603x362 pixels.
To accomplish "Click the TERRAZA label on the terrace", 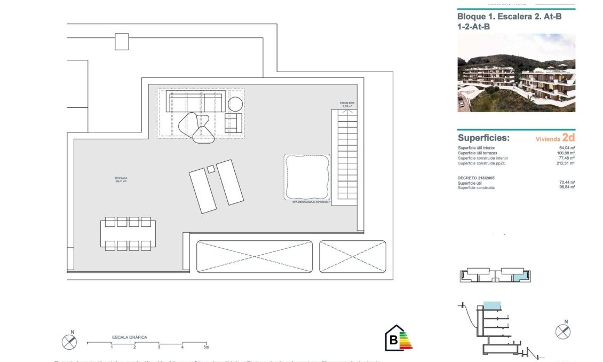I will click(121, 178).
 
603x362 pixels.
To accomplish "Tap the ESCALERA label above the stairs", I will click(347, 103).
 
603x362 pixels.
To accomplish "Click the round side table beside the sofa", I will click(235, 104).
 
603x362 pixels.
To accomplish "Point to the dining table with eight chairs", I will click(128, 234).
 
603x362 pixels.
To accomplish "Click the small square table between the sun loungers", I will click(211, 169).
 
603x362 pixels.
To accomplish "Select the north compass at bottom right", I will click(562, 332).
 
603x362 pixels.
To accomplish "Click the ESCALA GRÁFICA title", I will click(129, 337).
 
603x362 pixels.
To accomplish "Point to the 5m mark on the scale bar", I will click(206, 348).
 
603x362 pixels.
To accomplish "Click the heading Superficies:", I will click(483, 138).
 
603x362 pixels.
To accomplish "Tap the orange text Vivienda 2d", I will click(555, 138).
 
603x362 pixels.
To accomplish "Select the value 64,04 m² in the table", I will click(566, 148).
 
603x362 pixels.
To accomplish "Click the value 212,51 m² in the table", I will click(566, 163).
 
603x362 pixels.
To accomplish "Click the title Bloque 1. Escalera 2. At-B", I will click(509, 17).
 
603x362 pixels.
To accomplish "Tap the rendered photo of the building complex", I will click(516, 73).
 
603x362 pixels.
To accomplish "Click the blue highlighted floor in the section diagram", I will click(492, 305).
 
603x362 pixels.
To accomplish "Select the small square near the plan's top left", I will click(122, 42).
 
